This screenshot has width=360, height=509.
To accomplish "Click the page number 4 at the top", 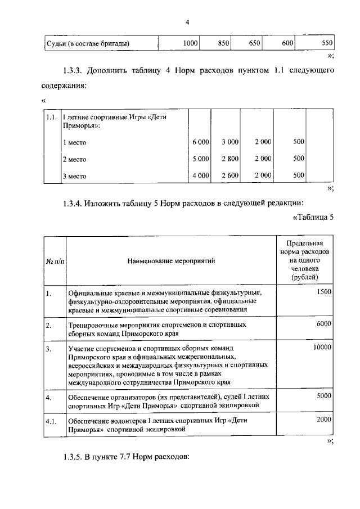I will coord(187,22).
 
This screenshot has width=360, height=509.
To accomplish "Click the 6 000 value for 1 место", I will coord(200,142).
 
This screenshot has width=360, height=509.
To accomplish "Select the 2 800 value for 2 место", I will coord(230,159).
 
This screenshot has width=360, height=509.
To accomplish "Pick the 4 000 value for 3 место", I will coord(200,175).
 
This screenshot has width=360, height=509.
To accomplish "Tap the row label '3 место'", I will coord(74,176).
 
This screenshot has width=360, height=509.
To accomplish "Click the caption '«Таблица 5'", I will coord(313,218).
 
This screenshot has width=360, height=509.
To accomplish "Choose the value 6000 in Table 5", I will coord(324,324).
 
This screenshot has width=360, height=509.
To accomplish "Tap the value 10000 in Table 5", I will coord(322,348).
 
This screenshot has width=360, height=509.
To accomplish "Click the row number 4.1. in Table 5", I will coord(52,421).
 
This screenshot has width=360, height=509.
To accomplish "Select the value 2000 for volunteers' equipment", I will coord(324,420).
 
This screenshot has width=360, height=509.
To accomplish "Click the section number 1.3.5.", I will coord(76,457).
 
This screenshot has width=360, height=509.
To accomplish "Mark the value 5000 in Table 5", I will coord(324,396).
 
